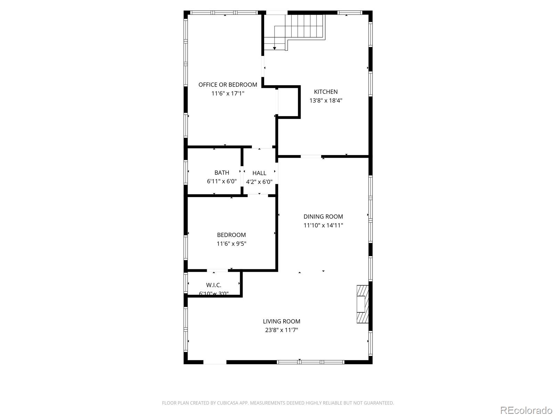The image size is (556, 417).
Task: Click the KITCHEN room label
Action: [x=326, y=92]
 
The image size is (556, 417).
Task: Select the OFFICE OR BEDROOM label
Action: [x=228, y=84]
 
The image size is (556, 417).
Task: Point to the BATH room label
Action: [x=221, y=172]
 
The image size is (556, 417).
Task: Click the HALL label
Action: [x=259, y=173]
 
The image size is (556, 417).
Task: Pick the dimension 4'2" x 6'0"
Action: [x=259, y=181]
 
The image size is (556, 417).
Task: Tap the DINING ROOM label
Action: [x=323, y=216]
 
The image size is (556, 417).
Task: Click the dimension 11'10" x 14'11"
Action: [x=323, y=225]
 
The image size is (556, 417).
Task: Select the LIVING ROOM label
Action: [x=281, y=321]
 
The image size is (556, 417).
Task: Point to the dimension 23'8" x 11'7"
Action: [x=281, y=330]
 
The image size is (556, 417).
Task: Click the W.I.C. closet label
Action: [x=213, y=285]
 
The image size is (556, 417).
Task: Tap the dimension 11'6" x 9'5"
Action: [x=231, y=244]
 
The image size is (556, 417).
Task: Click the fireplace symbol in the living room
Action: [x=362, y=304]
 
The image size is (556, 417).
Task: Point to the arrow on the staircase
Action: [x=275, y=48]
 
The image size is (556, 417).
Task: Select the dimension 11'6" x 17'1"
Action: [x=228, y=93]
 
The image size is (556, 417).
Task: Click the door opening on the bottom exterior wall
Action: [x=215, y=362]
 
